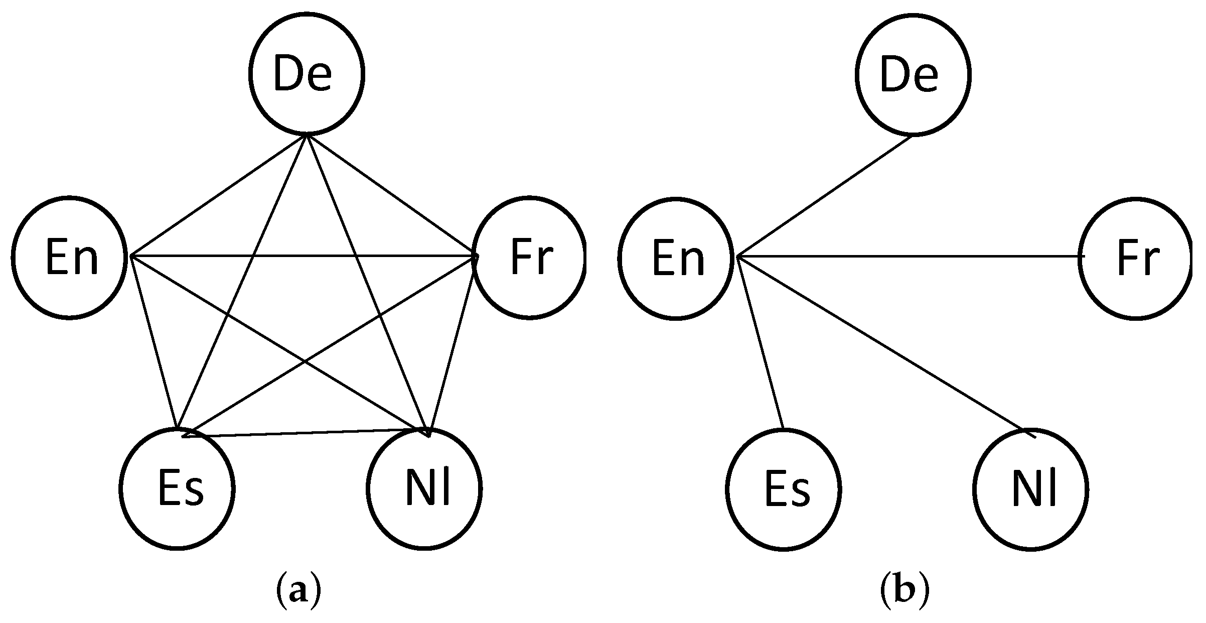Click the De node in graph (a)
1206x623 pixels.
[x=306, y=74]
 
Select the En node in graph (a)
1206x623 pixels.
[x=69, y=258]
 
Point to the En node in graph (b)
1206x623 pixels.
[x=676, y=258]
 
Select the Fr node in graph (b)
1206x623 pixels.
[x=1136, y=258]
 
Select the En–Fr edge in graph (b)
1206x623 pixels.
[x=908, y=257]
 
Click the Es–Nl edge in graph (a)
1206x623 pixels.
[x=306, y=433]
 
